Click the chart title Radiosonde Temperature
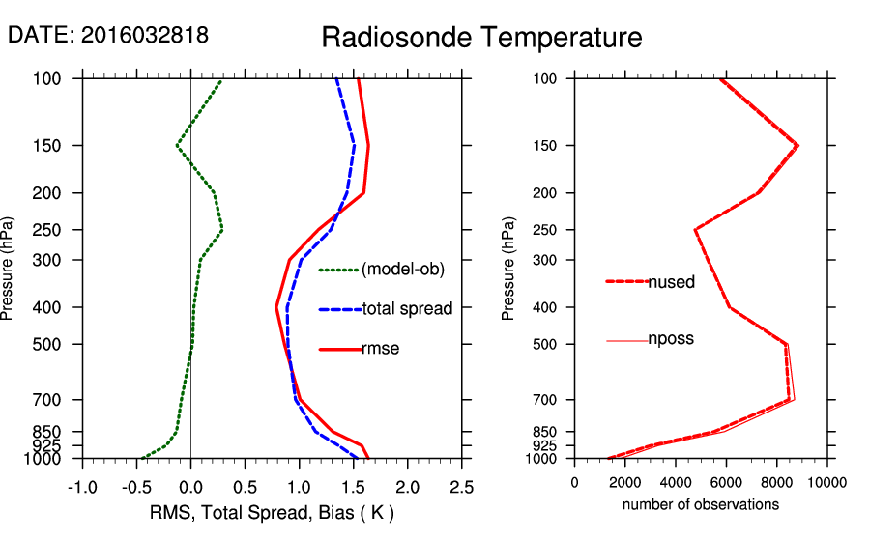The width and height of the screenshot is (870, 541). (x=481, y=38)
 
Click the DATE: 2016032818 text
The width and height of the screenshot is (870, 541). (x=108, y=35)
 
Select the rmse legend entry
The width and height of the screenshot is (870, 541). (x=381, y=349)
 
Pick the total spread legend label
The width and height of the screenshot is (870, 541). (x=407, y=309)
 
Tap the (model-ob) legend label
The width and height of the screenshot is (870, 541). (x=402, y=270)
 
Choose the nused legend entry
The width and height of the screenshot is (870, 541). (x=671, y=282)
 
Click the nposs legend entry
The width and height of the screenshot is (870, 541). (x=671, y=339)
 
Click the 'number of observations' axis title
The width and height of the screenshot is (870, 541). (x=701, y=504)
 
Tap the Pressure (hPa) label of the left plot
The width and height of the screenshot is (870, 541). (x=9, y=269)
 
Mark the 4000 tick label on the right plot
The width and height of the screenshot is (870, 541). (x=676, y=482)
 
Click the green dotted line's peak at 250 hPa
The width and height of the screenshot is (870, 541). (x=222, y=230)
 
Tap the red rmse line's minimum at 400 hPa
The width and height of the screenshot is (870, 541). (x=276, y=307)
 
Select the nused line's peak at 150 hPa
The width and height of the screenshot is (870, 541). (x=797, y=146)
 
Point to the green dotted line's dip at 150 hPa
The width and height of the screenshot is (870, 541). (x=177, y=146)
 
